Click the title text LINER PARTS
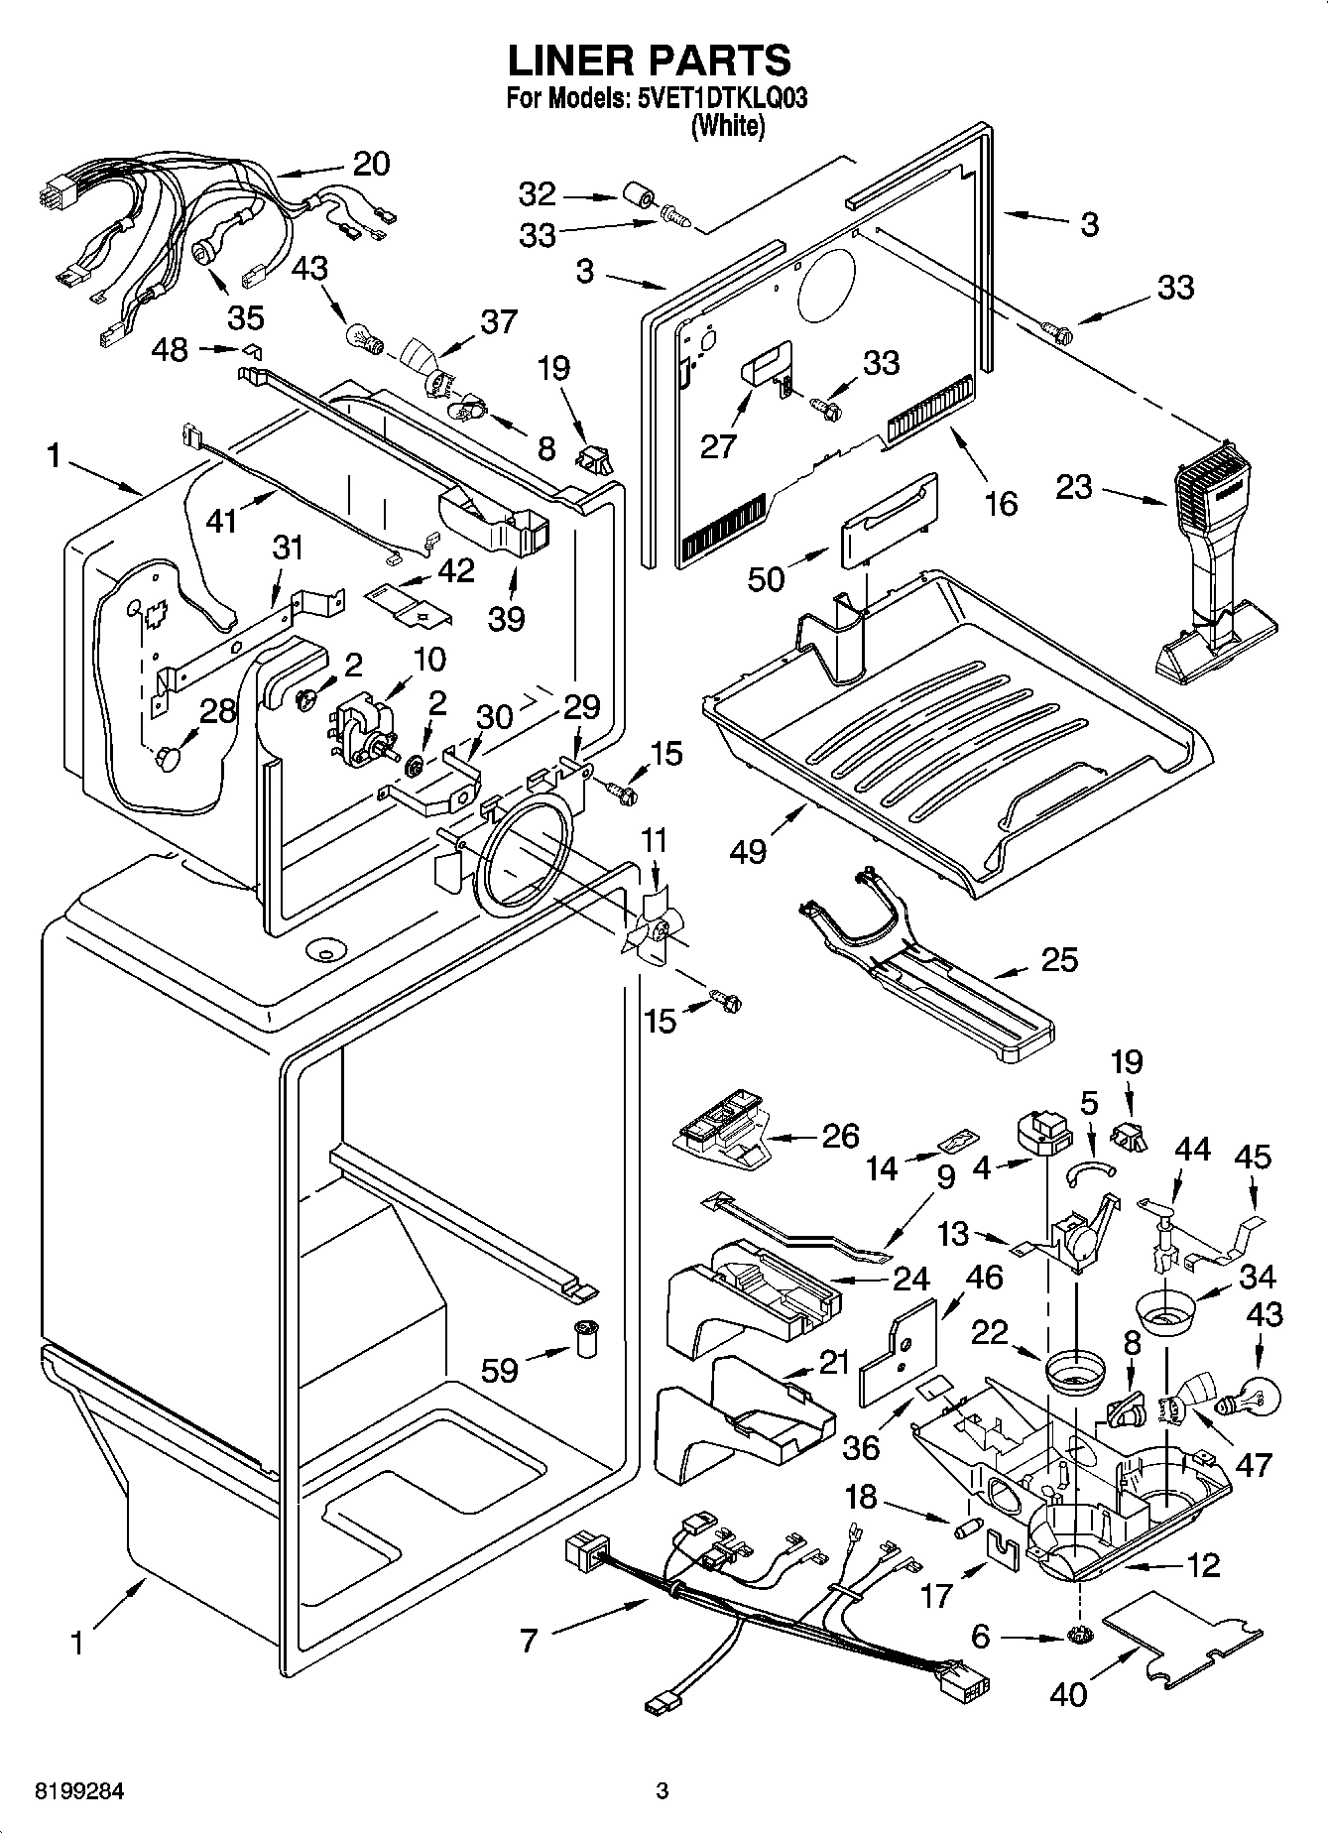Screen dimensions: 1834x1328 pyautogui.click(x=650, y=61)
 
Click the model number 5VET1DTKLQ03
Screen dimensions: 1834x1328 pyautogui.click(x=712, y=99)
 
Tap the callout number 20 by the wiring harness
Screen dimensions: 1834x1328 pyautogui.click(x=371, y=164)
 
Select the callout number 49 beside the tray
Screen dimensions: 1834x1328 pyautogui.click(x=748, y=851)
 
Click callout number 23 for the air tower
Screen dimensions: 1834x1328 pyautogui.click(x=1074, y=487)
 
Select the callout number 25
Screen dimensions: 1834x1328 pyautogui.click(x=1059, y=960)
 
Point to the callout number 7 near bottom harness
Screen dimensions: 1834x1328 pyautogui.click(x=529, y=1642)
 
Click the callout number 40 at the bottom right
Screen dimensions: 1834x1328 pyautogui.click(x=1068, y=1694)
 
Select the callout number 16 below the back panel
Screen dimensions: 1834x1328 pyautogui.click(x=1001, y=504)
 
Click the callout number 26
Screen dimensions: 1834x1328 pyautogui.click(x=840, y=1136)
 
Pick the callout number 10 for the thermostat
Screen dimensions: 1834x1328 pyautogui.click(x=428, y=660)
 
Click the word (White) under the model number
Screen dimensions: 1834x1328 pyautogui.click(x=729, y=126)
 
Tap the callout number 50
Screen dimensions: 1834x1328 pyautogui.click(x=766, y=578)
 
